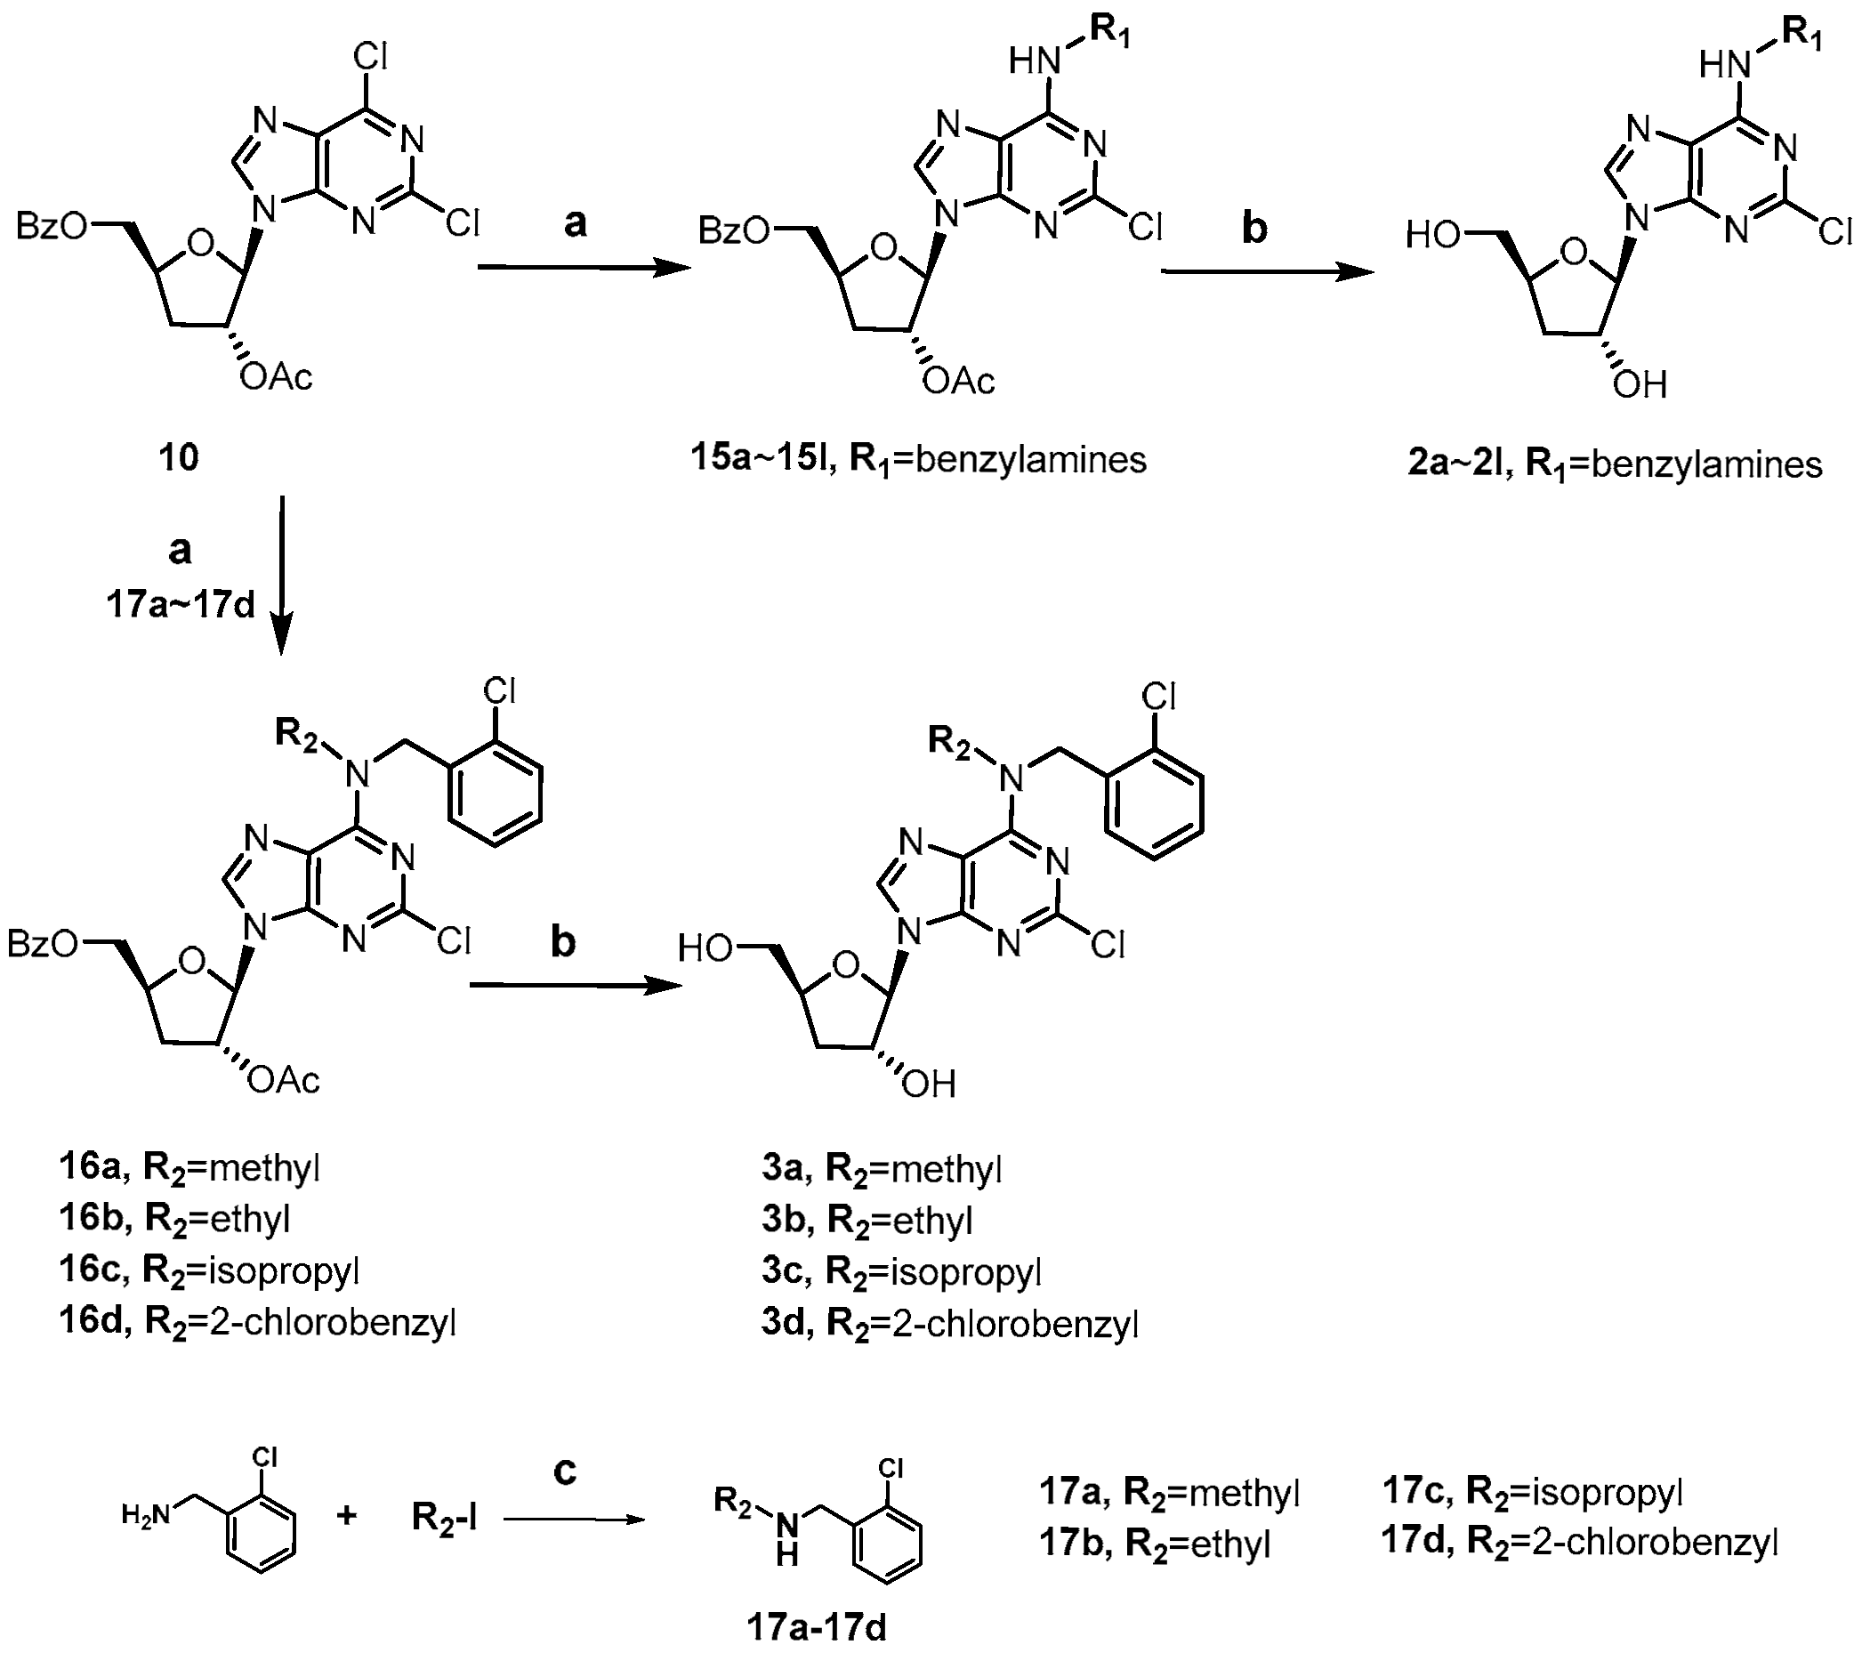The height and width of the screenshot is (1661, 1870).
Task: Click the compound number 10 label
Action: point(179,456)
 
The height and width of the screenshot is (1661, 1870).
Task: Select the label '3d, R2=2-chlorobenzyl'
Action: point(950,1323)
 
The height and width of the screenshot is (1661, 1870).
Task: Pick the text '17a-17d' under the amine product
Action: point(817,1628)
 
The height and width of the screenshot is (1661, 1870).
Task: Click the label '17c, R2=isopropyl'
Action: point(1533,1491)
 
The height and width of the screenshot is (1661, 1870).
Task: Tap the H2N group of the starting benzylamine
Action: point(146,1515)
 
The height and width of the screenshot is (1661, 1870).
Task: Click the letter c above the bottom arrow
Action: point(566,1471)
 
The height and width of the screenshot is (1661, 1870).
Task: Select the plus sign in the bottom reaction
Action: point(347,1516)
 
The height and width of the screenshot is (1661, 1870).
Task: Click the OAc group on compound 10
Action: point(277,376)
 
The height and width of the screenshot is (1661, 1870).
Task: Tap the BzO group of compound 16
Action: point(43,945)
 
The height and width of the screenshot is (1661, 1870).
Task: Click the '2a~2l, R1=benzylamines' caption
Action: point(1615,465)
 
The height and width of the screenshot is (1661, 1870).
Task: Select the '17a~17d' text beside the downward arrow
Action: point(181,605)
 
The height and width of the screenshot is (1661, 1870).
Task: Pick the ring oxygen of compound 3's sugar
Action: point(846,965)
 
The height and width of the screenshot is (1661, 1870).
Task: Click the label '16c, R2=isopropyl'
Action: point(209,1270)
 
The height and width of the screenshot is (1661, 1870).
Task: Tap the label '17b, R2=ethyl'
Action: point(1155,1544)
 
